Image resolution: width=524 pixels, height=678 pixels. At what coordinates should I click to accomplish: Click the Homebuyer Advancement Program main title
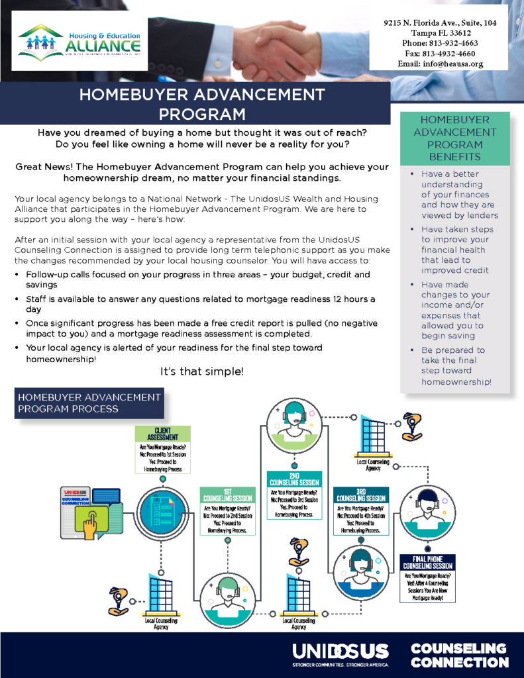[x=201, y=104]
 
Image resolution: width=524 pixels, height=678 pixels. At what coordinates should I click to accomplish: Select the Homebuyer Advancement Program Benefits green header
[x=454, y=138]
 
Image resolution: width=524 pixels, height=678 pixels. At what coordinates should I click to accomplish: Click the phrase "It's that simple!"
[x=202, y=372]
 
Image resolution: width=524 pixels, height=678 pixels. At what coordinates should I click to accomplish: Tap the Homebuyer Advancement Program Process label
[x=89, y=403]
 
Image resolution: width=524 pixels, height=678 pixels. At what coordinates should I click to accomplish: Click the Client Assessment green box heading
[x=162, y=434]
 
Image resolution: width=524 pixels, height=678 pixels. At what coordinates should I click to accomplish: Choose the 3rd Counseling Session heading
[x=361, y=495]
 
